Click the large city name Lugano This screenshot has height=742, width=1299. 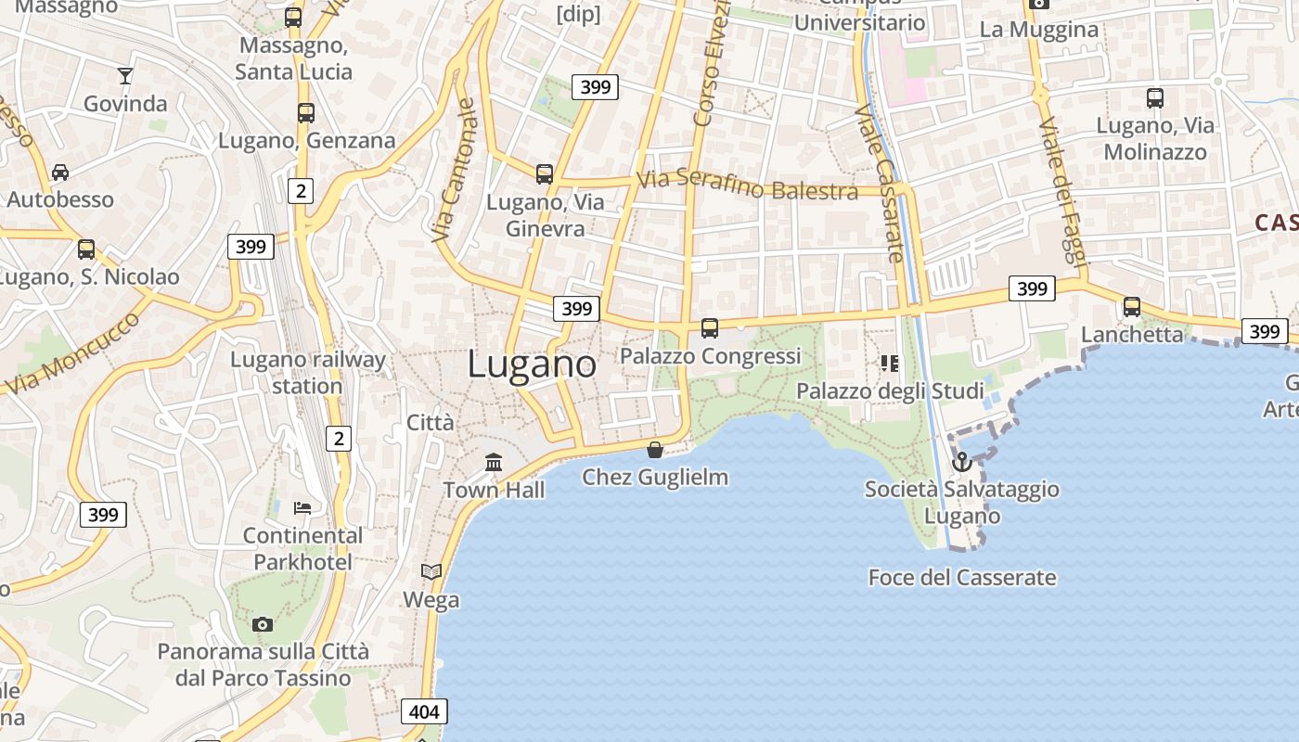pyautogui.click(x=532, y=364)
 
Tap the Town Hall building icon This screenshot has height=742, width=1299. pyautogui.click(x=494, y=462)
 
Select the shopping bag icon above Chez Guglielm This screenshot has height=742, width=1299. pyautogui.click(x=655, y=450)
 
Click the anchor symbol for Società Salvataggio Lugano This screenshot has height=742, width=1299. pyautogui.click(x=963, y=461)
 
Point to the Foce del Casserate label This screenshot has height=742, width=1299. pyautogui.click(x=962, y=577)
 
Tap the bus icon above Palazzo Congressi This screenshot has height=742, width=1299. pyautogui.click(x=710, y=327)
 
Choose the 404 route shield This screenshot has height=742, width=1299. pyautogui.click(x=424, y=711)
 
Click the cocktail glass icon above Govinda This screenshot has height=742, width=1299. pyautogui.click(x=125, y=76)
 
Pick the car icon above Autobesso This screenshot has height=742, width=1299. pyautogui.click(x=60, y=172)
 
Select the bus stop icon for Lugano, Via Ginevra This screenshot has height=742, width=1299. pyautogui.click(x=545, y=173)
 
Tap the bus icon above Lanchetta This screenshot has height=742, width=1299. pyautogui.click(x=1132, y=307)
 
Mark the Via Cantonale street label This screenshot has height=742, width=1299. pyautogui.click(x=455, y=171)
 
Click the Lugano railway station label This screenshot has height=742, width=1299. pyautogui.click(x=307, y=373)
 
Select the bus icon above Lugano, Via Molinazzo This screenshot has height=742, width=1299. pyautogui.click(x=1155, y=97)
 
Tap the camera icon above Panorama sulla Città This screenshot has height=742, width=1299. pyautogui.click(x=263, y=624)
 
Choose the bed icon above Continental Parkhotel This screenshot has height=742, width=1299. pyautogui.click(x=302, y=507)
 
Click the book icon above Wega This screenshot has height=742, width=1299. pyautogui.click(x=431, y=571)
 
